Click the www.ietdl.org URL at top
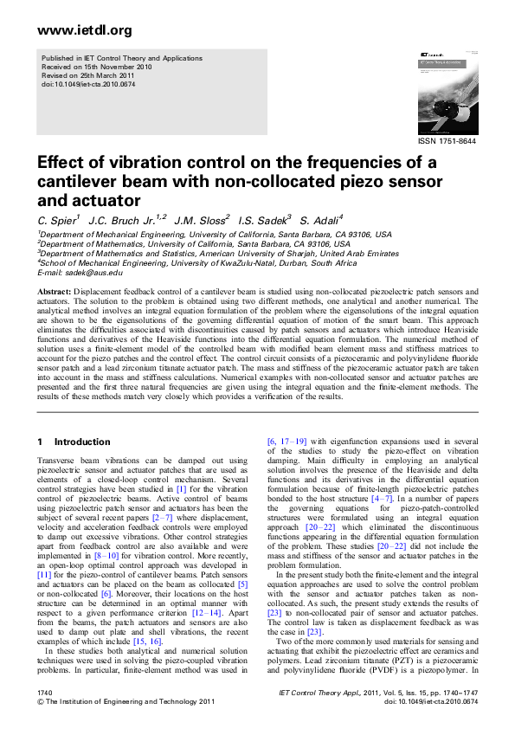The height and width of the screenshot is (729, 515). (x=73, y=30)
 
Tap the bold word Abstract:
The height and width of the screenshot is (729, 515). (x=55, y=293)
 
